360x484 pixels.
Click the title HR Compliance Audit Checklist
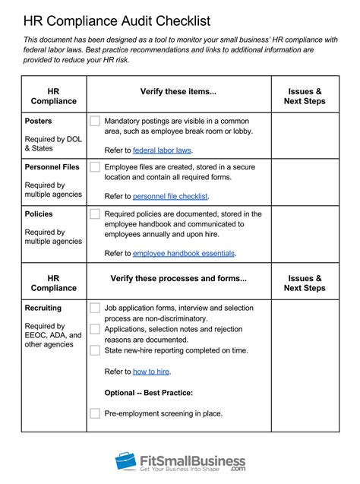tap(117, 21)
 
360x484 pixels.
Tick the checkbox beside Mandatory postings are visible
tap(95, 121)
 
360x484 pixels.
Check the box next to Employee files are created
tap(95, 166)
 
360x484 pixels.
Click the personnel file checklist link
tap(170, 195)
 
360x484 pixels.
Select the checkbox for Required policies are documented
tap(95, 214)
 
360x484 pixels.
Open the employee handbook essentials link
tap(184, 253)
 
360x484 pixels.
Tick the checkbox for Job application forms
tap(95, 308)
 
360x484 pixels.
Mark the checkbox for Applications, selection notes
tap(95, 329)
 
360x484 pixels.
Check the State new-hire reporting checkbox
tap(95, 350)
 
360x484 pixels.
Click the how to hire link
tap(151, 372)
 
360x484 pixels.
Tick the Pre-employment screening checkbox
tap(95, 413)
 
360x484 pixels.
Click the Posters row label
tap(39, 121)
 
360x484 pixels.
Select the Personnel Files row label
tap(52, 166)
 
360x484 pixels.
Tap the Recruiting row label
tap(43, 308)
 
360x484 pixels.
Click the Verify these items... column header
tap(178, 92)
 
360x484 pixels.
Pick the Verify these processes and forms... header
tap(178, 279)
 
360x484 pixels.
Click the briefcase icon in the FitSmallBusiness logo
tap(125, 460)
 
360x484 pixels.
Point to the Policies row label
tap(39, 214)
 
